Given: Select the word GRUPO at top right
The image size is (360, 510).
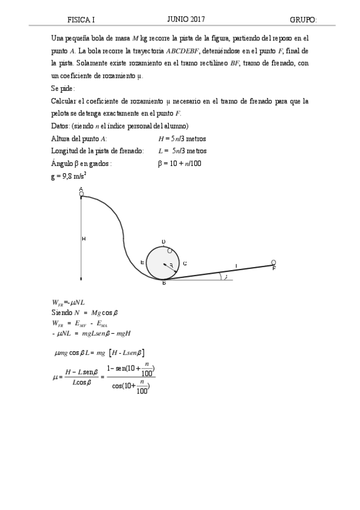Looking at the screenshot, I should pos(303,20).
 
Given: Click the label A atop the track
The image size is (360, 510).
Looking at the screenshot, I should pos(81,189).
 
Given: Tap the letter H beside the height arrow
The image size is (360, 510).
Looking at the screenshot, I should pos(84,239).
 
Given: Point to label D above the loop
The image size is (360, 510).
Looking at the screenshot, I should pos(163,242).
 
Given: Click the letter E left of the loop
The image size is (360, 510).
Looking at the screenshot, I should pos(142,262).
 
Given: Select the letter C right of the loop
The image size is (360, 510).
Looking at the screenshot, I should pos(185,263).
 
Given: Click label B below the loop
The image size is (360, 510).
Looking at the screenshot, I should pos(163,283).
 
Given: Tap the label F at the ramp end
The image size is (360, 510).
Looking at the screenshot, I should pos(273,268).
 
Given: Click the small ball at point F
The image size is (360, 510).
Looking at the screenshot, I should pos(273,262).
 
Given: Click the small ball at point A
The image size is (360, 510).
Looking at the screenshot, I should pos(81,194).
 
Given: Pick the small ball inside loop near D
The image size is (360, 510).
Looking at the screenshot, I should pos(169,251).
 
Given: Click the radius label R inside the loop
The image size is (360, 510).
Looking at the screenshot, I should pos(171,265).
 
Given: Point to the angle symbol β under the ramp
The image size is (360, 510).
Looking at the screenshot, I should pos(225,277).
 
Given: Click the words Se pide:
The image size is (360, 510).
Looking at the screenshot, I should pos(64,88).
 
